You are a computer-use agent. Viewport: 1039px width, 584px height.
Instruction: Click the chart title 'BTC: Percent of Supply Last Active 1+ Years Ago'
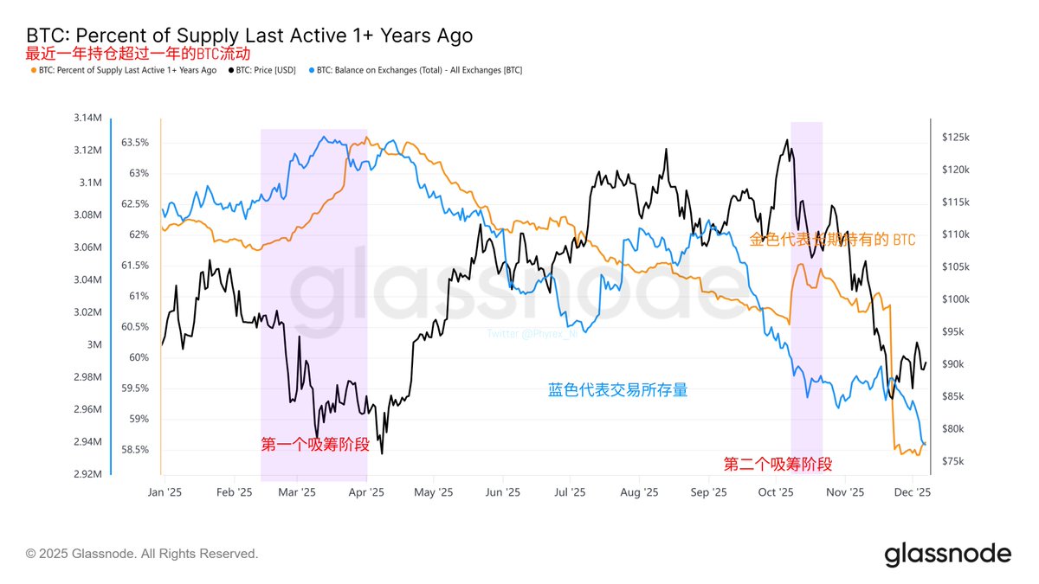pos(249,35)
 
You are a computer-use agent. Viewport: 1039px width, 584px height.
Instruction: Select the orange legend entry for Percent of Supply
pos(123,70)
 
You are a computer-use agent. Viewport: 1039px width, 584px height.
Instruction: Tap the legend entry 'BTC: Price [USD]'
pos(268,70)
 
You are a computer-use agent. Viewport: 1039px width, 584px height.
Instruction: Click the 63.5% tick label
pos(135,142)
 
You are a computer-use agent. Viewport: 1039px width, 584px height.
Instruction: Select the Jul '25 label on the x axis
pos(570,492)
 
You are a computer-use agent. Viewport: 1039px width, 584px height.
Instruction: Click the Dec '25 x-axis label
pos(912,492)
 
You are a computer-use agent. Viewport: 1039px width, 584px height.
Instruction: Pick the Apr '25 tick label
pos(365,492)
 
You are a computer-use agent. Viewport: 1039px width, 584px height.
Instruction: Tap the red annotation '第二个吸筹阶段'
pos(778,465)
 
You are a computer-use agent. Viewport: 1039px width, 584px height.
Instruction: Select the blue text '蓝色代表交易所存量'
pos(618,390)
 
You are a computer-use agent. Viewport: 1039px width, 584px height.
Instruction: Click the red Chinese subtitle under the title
pos(125,54)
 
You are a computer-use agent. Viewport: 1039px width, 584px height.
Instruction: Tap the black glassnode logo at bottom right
pos(947,554)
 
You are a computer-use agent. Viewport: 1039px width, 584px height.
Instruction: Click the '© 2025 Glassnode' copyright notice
pos(142,554)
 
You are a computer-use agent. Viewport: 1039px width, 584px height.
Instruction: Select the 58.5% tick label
pos(135,450)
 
